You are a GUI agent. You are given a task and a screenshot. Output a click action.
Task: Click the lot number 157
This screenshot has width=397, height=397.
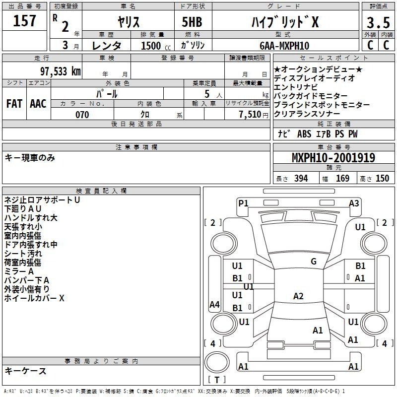click(24, 20)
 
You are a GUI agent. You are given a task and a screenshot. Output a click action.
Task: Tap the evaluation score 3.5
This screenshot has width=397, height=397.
click(378, 22)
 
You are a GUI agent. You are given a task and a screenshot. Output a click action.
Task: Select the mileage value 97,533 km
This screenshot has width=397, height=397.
click(61, 71)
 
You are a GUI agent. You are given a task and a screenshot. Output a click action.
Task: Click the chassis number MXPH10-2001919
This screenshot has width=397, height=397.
click(333, 157)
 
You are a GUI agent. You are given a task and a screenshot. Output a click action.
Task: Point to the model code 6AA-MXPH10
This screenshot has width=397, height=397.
click(284, 46)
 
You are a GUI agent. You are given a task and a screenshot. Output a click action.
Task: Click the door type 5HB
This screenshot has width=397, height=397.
click(192, 22)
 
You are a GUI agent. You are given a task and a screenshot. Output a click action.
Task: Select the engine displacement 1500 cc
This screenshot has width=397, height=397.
click(156, 46)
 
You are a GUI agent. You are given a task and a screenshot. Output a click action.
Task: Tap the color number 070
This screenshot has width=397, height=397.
click(82, 115)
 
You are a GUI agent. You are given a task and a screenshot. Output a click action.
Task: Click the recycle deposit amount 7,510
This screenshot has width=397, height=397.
click(250, 115)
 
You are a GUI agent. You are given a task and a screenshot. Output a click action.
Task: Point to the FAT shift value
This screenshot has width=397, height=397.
click(14, 104)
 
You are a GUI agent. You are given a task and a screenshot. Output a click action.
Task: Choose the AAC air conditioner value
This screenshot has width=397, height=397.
click(38, 104)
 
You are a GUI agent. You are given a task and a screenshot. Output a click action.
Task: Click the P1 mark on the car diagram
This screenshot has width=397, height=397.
click(243, 203)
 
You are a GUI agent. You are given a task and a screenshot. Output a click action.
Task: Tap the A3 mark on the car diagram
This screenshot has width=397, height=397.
click(354, 203)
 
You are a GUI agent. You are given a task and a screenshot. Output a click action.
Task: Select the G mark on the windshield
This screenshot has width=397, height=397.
click(314, 261)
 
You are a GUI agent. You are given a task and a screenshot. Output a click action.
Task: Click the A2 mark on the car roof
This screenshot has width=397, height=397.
click(298, 296)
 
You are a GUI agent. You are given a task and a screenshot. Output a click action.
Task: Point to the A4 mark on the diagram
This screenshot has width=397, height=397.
click(214, 304)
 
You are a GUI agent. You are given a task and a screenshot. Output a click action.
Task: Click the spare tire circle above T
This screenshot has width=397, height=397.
click(217, 362)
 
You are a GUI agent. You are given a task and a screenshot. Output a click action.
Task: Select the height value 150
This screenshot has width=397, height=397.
click(382, 178)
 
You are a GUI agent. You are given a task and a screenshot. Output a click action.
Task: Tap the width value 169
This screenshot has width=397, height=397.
click(342, 178)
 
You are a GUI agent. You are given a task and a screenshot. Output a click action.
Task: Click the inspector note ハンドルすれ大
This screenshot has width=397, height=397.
click(31, 218)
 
